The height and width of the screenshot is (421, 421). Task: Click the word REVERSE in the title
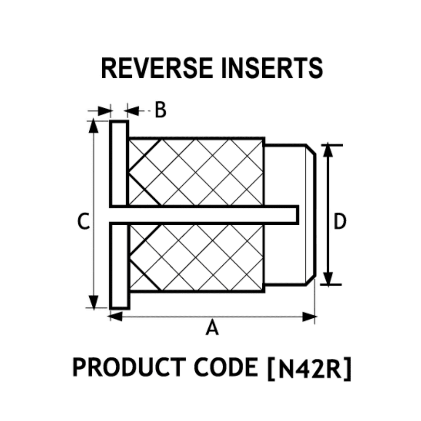(x=156, y=68)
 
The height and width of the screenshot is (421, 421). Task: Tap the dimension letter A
(x=213, y=328)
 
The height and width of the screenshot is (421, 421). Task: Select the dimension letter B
(x=160, y=110)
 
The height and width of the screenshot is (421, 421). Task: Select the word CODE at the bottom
(x=228, y=367)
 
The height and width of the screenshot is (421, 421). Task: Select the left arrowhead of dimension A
(x=115, y=316)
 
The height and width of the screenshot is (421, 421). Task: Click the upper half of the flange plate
(x=119, y=164)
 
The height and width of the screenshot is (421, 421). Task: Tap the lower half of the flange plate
(x=119, y=265)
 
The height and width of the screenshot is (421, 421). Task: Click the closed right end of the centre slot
(x=297, y=214)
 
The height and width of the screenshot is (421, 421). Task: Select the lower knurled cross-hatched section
(x=196, y=257)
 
